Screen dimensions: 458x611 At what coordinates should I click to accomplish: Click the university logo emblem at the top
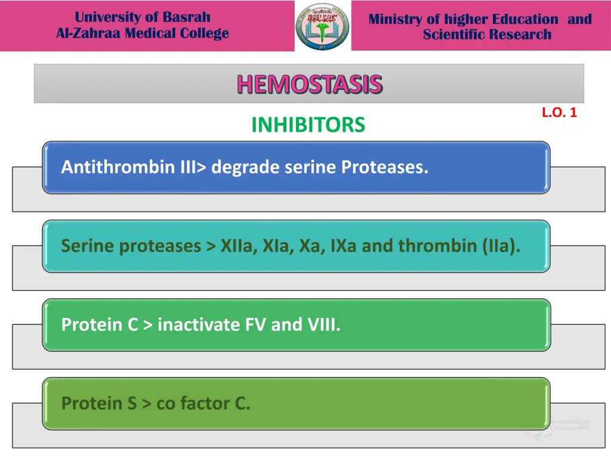tap(322, 26)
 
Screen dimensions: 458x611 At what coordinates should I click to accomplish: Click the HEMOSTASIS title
tap(309, 85)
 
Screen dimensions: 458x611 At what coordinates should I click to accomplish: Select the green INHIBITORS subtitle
tap(308, 125)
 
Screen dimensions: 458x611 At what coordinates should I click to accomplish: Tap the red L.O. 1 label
tap(559, 112)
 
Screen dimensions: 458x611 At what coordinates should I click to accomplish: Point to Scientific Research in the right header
tap(487, 35)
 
